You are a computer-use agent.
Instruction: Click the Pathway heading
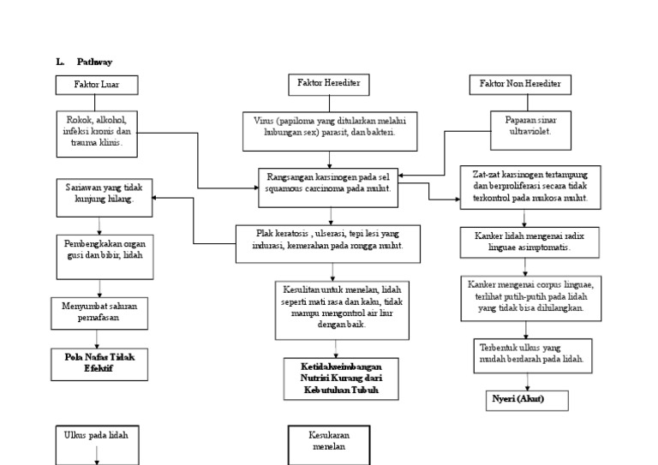(x=95, y=62)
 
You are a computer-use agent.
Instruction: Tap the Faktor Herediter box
(x=327, y=84)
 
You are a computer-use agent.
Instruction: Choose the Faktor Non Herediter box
(x=520, y=85)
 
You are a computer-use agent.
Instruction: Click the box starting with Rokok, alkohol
(x=97, y=132)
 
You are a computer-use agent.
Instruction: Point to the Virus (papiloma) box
(x=329, y=128)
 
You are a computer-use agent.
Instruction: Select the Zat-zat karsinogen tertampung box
(x=530, y=186)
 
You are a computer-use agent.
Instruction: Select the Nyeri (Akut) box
(x=518, y=399)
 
